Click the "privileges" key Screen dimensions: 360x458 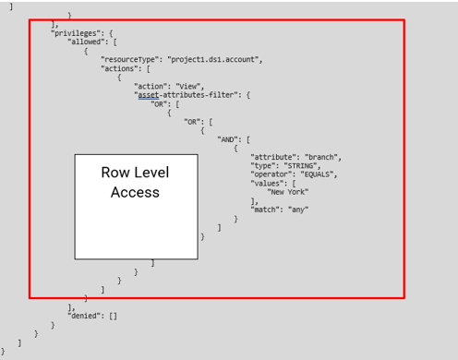(75, 33)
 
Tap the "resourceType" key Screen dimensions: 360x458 (129, 59)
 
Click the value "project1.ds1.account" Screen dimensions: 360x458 (214, 59)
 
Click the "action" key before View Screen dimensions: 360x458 (151, 86)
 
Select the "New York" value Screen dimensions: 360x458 (289, 192)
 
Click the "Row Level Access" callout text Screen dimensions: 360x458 (135, 183)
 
